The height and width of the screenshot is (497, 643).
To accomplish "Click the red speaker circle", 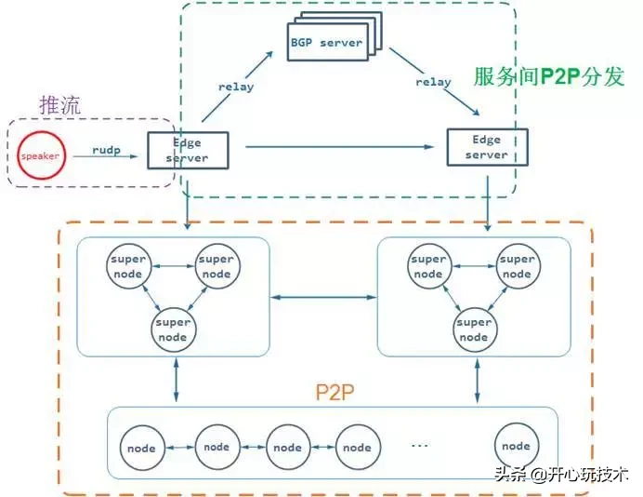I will coord(40,155).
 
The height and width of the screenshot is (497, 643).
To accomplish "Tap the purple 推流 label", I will coord(60,105).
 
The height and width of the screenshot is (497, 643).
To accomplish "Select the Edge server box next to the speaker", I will coord(187,150).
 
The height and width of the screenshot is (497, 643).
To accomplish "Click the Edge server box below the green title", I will coord(487,147).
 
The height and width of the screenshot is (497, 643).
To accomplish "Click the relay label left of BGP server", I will coord(236,87).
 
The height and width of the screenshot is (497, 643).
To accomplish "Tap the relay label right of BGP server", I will coord(433,81).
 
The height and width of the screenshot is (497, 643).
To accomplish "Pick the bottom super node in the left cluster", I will coord(173,329).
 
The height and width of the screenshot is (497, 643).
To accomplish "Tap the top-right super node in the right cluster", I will coord(517,267).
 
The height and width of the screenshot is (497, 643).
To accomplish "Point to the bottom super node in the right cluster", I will coord(474,329).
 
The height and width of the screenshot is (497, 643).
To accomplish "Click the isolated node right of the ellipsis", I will coord(516,447).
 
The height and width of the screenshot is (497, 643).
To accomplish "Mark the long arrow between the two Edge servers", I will coord(335,146).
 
